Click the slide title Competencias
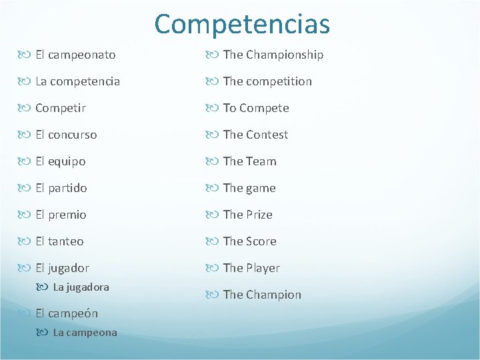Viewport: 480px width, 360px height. [x=242, y=24]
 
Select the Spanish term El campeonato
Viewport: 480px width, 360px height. [x=75, y=55]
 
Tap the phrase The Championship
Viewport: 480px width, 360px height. [x=273, y=55]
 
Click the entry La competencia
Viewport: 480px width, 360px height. [x=77, y=81]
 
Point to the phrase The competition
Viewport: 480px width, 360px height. [x=267, y=81]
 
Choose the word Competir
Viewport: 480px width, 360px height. [x=60, y=108]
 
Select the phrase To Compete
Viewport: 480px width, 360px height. [x=256, y=108]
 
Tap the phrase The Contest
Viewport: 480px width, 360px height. [x=255, y=135]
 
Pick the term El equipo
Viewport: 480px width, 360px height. [x=60, y=161]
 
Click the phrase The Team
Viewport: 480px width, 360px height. [x=249, y=161]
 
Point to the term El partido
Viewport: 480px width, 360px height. [x=61, y=188]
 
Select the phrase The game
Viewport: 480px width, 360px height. [x=249, y=188]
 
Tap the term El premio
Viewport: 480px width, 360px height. [x=61, y=215]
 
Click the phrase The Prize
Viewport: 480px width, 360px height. [x=247, y=215]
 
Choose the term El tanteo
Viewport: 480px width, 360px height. [x=59, y=241]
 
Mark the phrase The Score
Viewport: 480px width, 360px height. [x=249, y=241]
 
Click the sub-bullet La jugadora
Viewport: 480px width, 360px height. [x=81, y=287]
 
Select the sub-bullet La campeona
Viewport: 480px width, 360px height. [x=85, y=333]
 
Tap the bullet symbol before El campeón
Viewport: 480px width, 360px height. [x=26, y=313]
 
